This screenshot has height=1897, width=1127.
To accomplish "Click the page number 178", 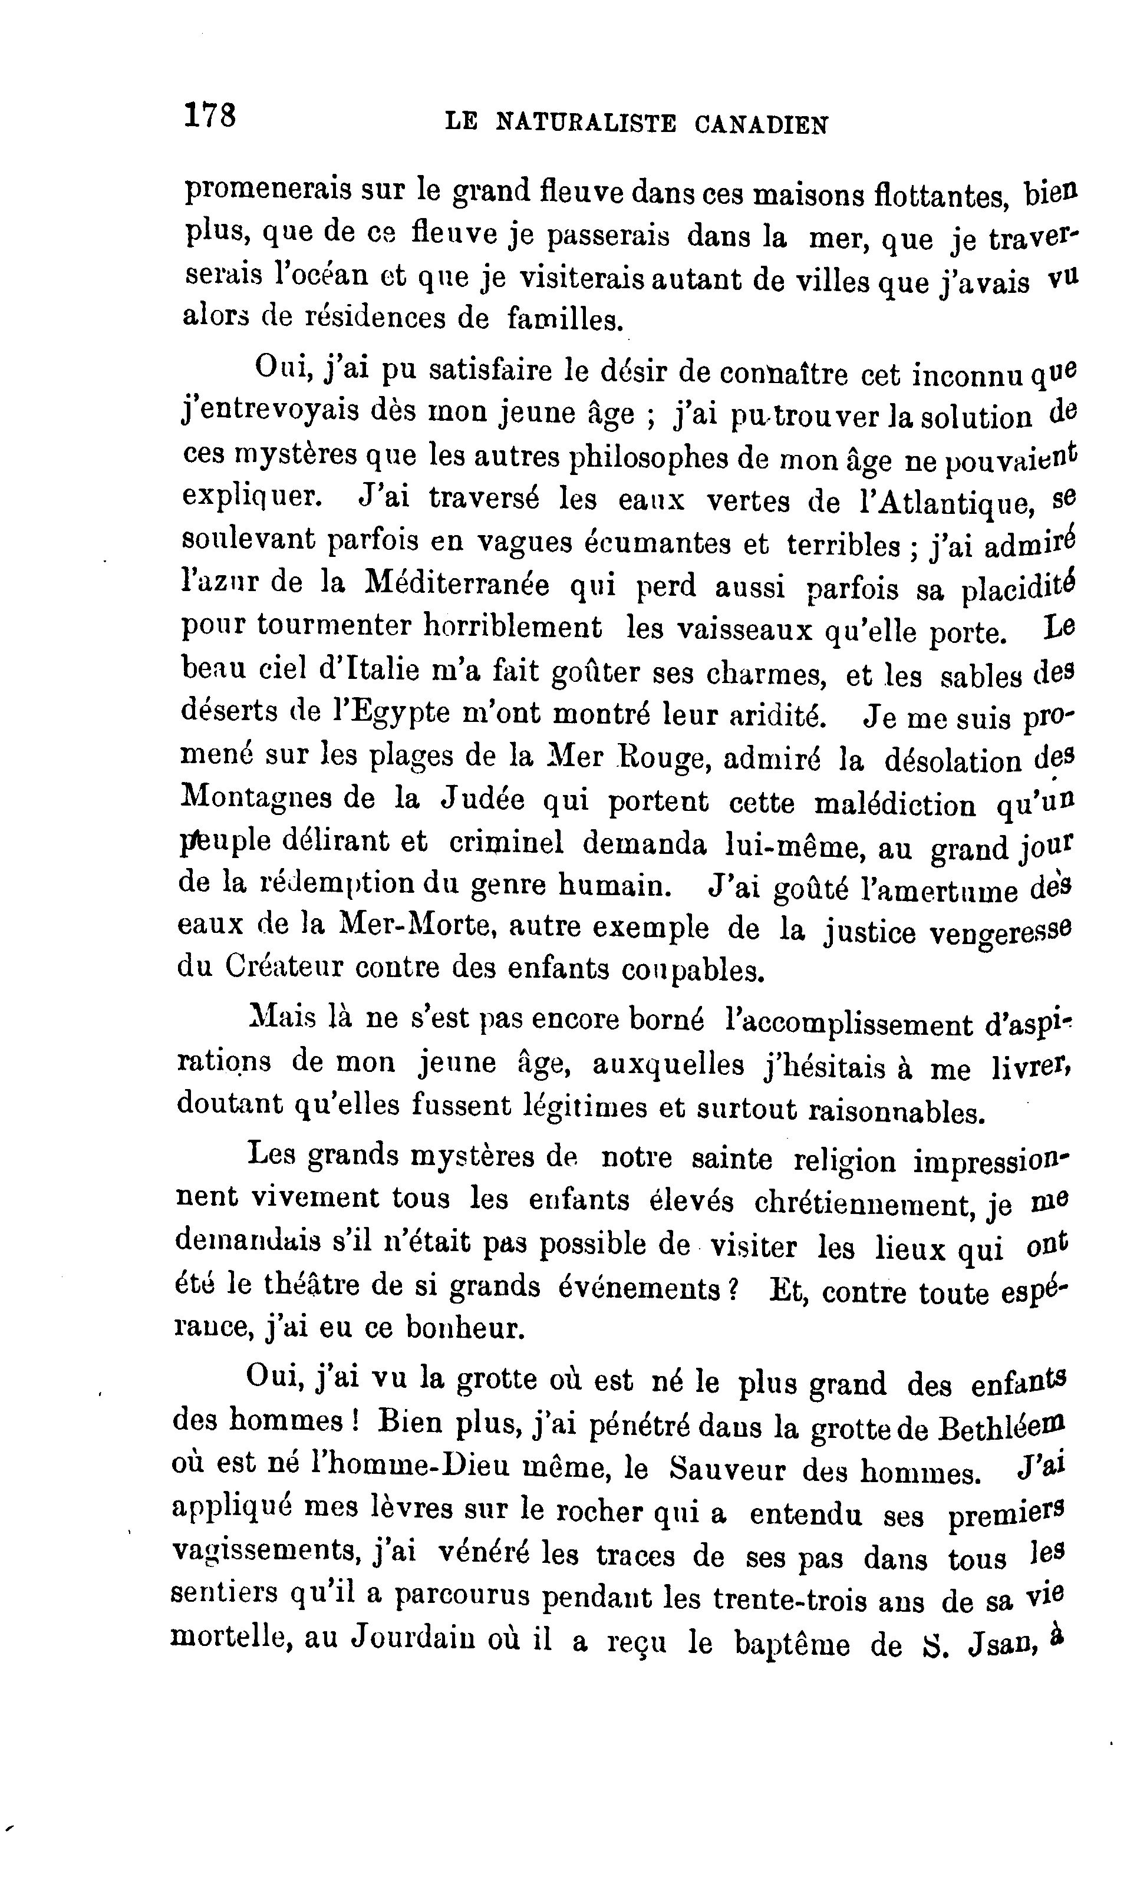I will tap(210, 116).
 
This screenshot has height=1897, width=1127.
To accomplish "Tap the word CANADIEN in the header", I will tap(761, 124).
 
